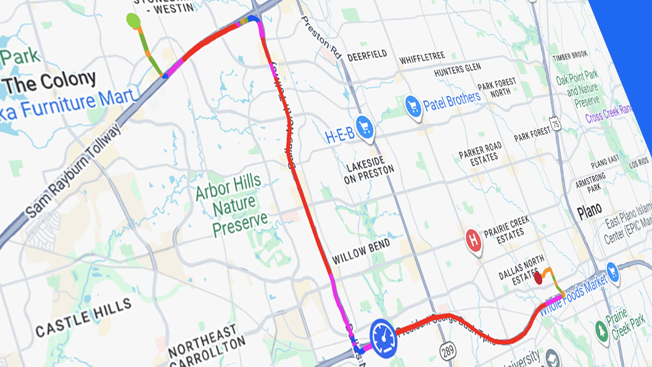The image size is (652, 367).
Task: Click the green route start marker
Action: pyautogui.click(x=133, y=20)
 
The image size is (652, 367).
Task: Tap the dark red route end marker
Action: pyautogui.click(x=538, y=279)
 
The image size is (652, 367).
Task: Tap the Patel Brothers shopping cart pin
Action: pyautogui.click(x=413, y=106)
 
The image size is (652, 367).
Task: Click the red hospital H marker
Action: pyautogui.click(x=473, y=239)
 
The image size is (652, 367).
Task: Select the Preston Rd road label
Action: pyautogui.click(x=321, y=36)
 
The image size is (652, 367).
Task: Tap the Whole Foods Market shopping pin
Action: pyautogui.click(x=613, y=270)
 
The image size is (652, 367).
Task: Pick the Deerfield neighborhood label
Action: pyautogui.click(x=367, y=55)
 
